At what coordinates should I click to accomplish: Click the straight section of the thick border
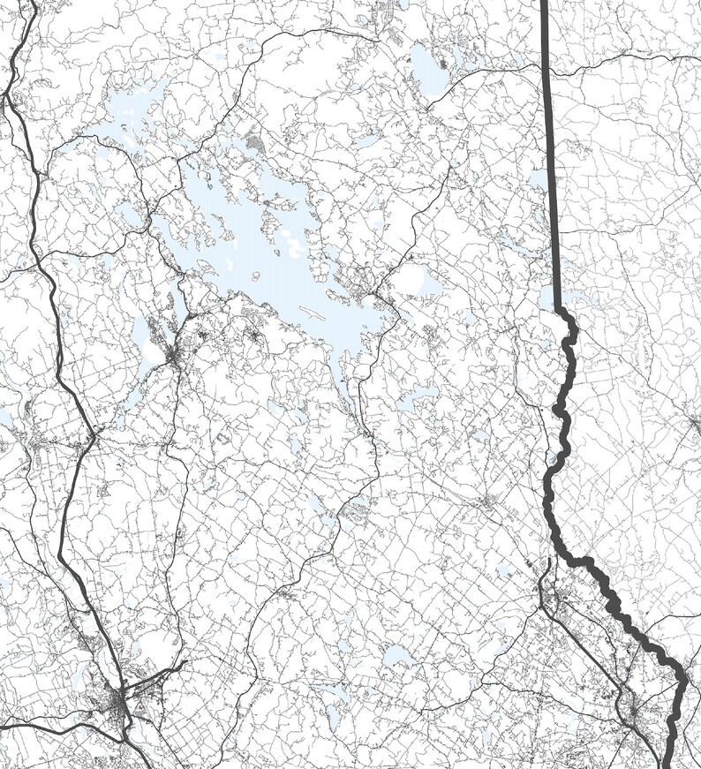[x=549, y=159]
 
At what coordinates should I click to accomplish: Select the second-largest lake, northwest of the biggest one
[x=132, y=115]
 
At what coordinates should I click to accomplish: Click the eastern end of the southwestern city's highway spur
[x=183, y=660]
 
